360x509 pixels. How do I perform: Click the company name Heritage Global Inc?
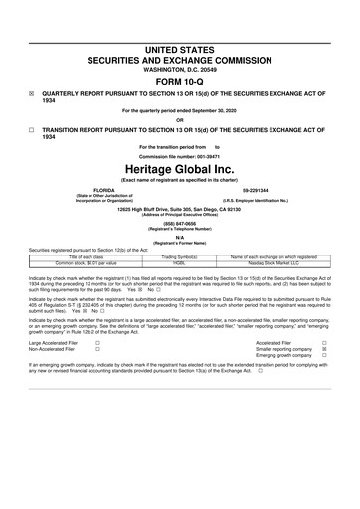click(180, 170)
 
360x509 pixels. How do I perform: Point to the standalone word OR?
click(180, 120)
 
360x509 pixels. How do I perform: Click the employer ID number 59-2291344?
click(258, 189)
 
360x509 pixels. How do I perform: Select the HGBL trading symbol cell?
click(180, 263)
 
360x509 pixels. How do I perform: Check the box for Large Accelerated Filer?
click(96, 343)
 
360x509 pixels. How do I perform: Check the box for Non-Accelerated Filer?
click(96, 351)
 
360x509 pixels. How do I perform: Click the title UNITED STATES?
click(180, 21)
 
